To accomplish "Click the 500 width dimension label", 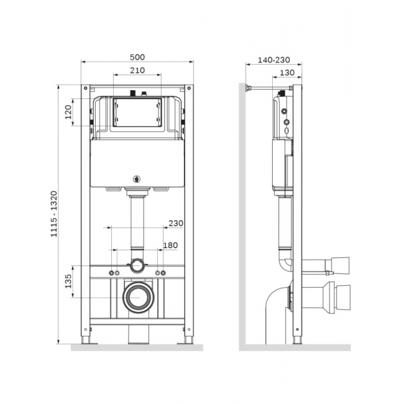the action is pos(137,57).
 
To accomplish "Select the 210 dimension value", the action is pos(137,70).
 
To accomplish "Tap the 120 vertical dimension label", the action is pos(68,112).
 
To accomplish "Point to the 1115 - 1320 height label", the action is pos(54,214).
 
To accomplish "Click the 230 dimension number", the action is pos(176,223).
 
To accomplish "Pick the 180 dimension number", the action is pos(170,246).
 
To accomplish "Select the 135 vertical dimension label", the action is pos(68,281).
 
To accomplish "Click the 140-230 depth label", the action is pos(274,60).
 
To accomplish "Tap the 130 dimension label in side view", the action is pos(287,73).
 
